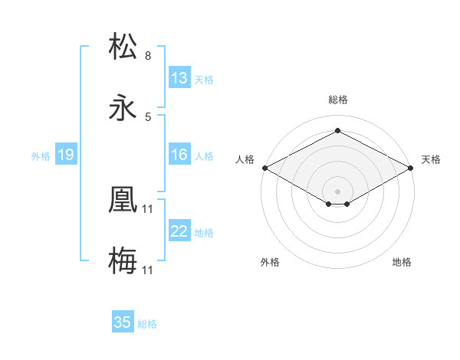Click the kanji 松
pyautogui.click(x=123, y=47)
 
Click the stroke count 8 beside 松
pyautogui.click(x=148, y=56)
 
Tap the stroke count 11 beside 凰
pyautogui.click(x=148, y=208)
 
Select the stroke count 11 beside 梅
pyautogui.click(x=148, y=270)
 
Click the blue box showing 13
pyautogui.click(x=179, y=78)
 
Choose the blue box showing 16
pyautogui.click(x=179, y=155)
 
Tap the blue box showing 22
pyautogui.click(x=179, y=231)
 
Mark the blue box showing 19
pyautogui.click(x=66, y=155)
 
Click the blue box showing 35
pyautogui.click(x=123, y=322)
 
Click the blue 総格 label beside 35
pyautogui.click(x=148, y=323)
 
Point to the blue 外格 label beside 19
pyautogui.click(x=41, y=155)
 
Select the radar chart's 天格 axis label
pyautogui.click(x=431, y=159)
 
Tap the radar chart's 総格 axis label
pyautogui.click(x=337, y=100)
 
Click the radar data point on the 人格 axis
pyautogui.click(x=264, y=168)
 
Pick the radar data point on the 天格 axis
pyautogui.click(x=411, y=168)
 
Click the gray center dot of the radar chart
pyautogui.click(x=337, y=191)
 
